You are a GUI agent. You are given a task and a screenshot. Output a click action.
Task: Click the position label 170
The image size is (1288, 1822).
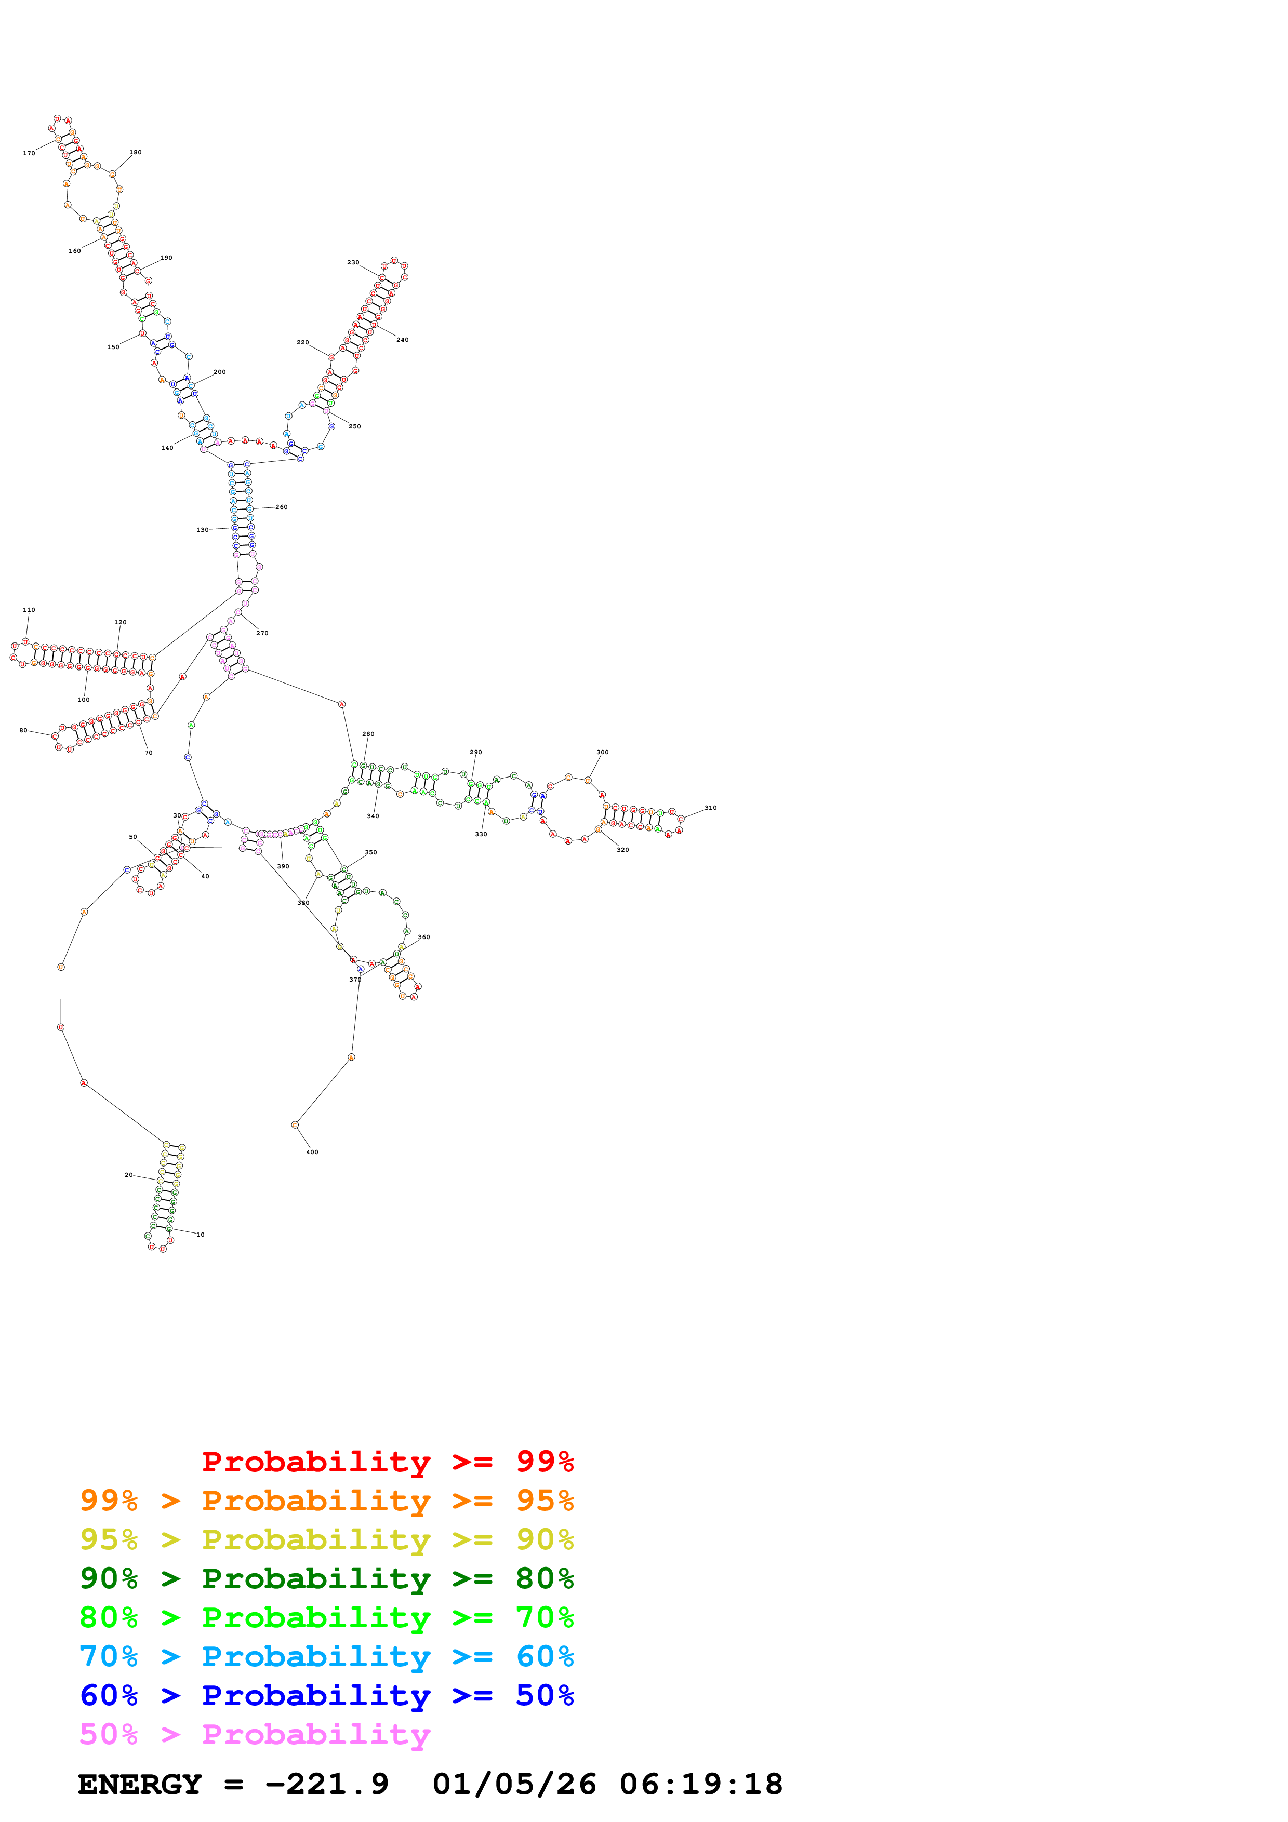click(x=29, y=153)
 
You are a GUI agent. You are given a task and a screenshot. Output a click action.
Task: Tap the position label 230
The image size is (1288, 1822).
click(x=353, y=263)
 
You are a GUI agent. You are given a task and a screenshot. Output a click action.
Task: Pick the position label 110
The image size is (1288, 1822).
click(x=29, y=610)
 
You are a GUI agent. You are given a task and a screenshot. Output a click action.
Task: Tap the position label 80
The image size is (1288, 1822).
click(x=23, y=730)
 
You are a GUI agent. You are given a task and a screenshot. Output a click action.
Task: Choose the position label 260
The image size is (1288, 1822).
click(x=282, y=507)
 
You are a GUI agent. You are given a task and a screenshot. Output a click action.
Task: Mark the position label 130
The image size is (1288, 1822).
click(x=202, y=530)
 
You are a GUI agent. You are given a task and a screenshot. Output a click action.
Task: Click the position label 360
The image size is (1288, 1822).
click(x=424, y=937)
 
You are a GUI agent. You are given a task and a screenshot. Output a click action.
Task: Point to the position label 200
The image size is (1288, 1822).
click(x=220, y=372)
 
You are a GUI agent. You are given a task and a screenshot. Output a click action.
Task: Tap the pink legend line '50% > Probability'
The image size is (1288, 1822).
click(x=255, y=1735)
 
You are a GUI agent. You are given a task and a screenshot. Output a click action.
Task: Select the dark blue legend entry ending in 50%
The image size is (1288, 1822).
click(x=326, y=1696)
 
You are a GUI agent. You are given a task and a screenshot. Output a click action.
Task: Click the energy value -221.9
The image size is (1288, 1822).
click(x=326, y=1785)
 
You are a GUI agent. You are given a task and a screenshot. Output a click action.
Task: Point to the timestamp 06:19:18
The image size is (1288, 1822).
click(x=701, y=1785)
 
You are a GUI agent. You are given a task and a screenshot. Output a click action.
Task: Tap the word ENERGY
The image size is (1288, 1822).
click(x=140, y=1785)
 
